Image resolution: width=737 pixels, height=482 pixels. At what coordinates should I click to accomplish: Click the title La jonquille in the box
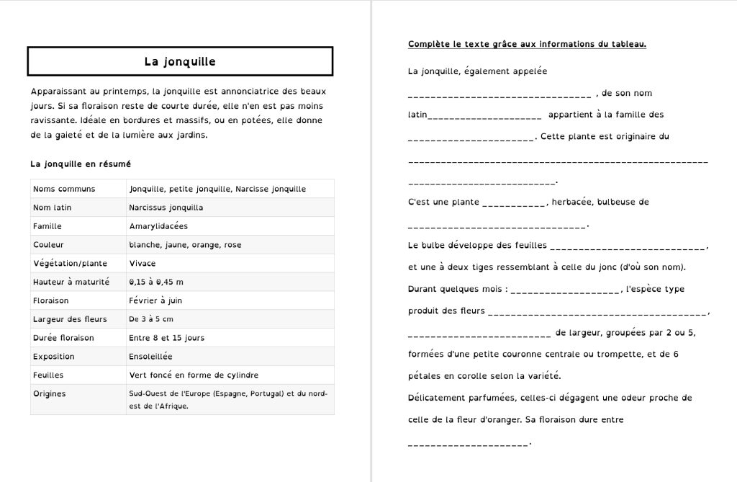[x=180, y=62]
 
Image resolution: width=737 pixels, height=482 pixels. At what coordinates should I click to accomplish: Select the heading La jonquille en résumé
[x=81, y=164]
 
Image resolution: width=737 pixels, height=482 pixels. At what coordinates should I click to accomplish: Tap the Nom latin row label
[x=53, y=207]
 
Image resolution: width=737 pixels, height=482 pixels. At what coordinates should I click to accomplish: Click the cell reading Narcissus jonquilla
[x=166, y=207]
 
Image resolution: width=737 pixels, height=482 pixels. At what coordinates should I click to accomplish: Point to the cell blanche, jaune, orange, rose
[x=185, y=245]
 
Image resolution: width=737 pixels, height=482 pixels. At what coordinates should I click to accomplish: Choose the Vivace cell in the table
[x=143, y=264]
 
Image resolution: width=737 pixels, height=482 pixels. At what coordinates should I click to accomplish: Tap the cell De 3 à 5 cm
[x=151, y=319]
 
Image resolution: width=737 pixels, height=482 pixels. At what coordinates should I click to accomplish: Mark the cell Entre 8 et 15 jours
[x=167, y=338]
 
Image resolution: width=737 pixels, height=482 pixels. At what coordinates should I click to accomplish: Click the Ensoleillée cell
[x=151, y=357]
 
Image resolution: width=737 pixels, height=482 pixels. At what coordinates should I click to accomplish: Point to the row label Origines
[x=50, y=394]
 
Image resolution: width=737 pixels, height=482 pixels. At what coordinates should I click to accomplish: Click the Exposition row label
[x=54, y=357]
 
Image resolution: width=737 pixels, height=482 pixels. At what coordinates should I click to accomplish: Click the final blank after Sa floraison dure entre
[x=468, y=443]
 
